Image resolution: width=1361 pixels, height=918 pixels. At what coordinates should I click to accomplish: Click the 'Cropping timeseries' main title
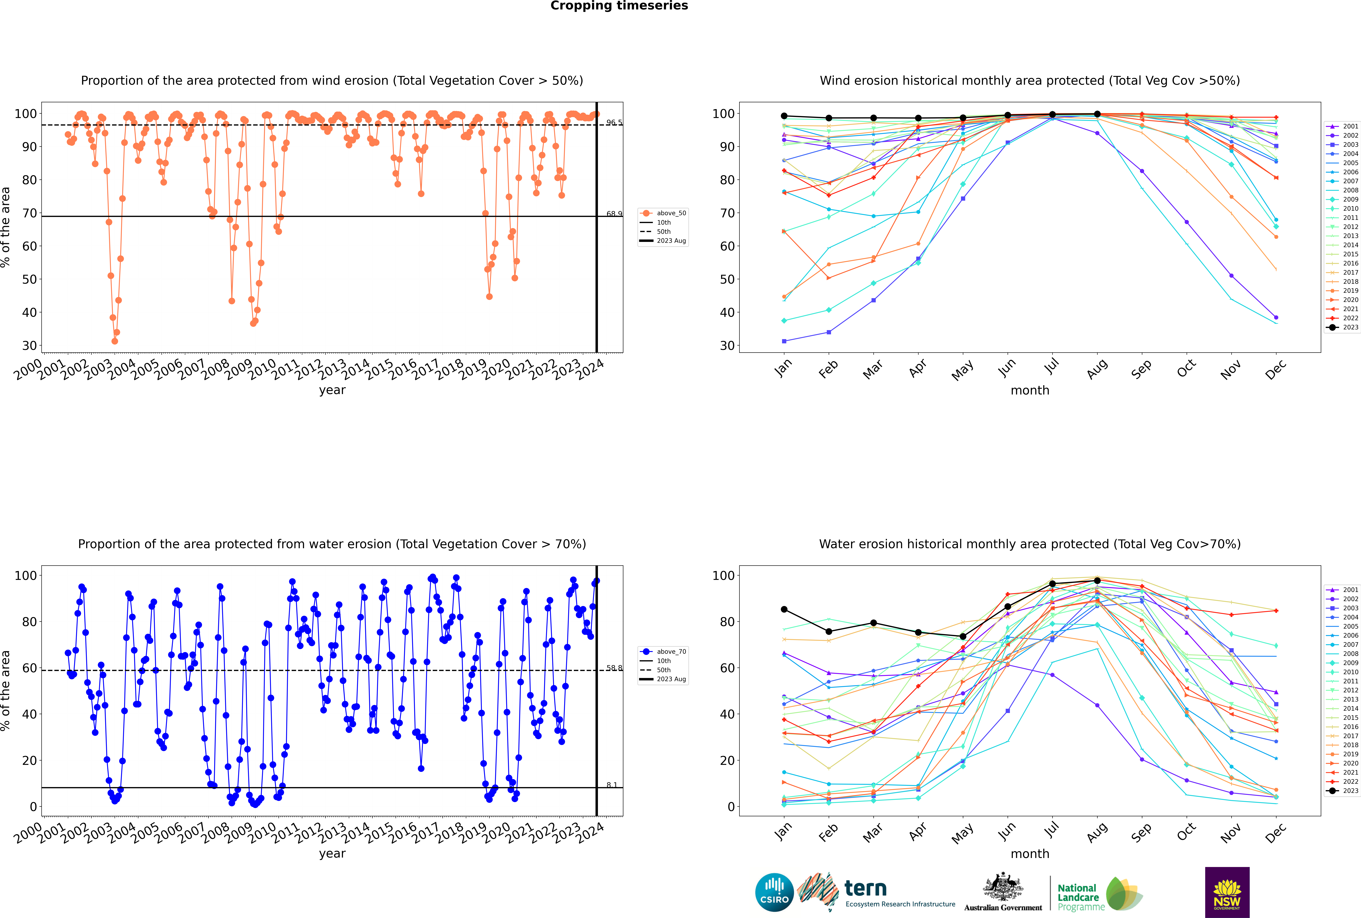click(x=619, y=6)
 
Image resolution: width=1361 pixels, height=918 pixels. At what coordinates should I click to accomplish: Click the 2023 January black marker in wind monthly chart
click(x=784, y=116)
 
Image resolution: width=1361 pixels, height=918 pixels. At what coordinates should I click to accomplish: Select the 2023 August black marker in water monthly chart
click(x=1097, y=581)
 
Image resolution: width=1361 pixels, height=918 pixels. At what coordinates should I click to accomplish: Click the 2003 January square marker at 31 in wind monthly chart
click(x=784, y=341)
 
